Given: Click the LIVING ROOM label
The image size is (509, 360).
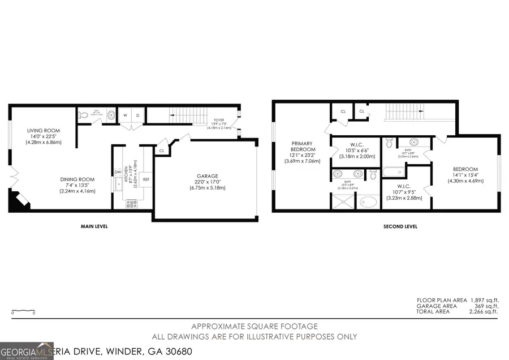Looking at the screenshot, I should coord(44,131).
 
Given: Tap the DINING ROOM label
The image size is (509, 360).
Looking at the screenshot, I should coord(78,179).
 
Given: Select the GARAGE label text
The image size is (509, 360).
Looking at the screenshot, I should coord(208,176).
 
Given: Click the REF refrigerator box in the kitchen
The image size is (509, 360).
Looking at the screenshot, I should coord(146,179).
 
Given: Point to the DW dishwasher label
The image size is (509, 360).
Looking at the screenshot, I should coord(118,172).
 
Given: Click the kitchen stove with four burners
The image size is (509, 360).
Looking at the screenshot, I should coord(132,204).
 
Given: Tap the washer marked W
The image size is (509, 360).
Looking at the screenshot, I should coord(126,115).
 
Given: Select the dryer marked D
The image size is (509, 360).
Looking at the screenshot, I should coord(137,115).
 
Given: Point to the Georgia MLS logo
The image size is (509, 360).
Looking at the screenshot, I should coord(27,351).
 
